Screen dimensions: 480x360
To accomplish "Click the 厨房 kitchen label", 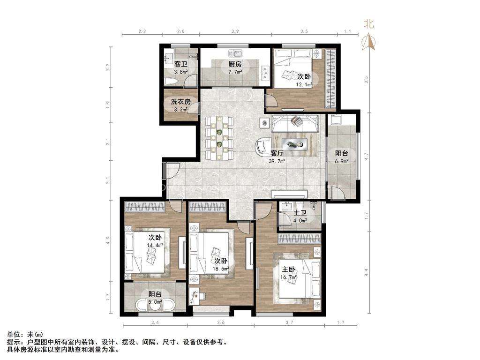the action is pyautogui.click(x=235, y=64).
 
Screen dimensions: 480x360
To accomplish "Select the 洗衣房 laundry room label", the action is pyautogui.click(x=180, y=102).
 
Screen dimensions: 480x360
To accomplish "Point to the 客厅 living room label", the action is pyautogui.click(x=277, y=153).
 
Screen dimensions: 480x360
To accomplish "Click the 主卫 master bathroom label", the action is pyautogui.click(x=300, y=213).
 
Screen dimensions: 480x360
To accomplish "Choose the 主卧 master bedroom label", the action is pyautogui.click(x=288, y=270).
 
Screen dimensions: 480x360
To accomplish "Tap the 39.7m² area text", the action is pyautogui.click(x=277, y=161).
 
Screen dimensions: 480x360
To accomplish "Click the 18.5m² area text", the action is pyautogui.click(x=221, y=269).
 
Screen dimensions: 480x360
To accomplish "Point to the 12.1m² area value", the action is pyautogui.click(x=304, y=84).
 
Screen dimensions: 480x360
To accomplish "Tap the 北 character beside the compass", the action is pyautogui.click(x=369, y=23).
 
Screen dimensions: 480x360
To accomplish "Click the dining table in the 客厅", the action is pyautogui.click(x=219, y=138).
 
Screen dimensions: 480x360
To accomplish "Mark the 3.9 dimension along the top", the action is pyautogui.click(x=235, y=31).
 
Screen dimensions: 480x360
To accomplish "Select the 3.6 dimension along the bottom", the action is pyautogui.click(x=221, y=322).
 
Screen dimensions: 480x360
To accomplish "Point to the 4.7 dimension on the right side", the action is pyautogui.click(x=367, y=156).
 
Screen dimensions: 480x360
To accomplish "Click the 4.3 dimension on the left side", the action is pyautogui.click(x=108, y=240).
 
